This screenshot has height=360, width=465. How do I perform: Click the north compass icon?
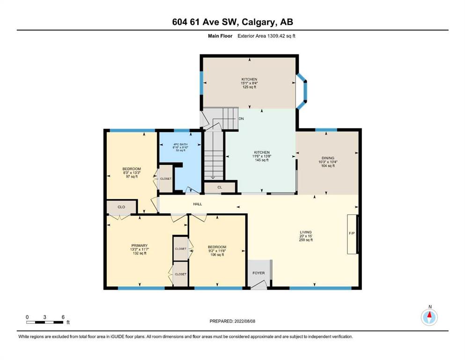429,317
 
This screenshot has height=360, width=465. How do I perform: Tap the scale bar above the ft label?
45,322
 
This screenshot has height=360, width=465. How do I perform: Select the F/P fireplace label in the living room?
352,233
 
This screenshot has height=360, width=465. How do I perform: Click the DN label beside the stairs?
241,119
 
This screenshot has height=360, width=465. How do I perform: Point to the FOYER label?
258,273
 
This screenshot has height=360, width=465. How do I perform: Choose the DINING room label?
328,158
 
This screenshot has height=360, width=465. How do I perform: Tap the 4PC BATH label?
181,144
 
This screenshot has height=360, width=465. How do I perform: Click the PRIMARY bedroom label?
140,246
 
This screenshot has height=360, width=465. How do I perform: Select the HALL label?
198,204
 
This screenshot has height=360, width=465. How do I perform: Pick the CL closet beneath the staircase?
220,187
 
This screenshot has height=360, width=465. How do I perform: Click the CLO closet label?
121,207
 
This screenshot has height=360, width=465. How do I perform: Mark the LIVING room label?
306,232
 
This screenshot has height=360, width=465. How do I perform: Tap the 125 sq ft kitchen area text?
249,87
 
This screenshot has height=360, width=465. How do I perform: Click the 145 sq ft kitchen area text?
262,160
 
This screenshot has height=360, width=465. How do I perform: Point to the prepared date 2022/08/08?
244,321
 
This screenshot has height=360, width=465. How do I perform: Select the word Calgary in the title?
257,22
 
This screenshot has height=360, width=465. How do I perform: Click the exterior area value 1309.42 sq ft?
281,36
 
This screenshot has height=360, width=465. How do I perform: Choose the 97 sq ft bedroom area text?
132,177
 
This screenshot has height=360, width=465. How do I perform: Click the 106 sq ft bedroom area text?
217,255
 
